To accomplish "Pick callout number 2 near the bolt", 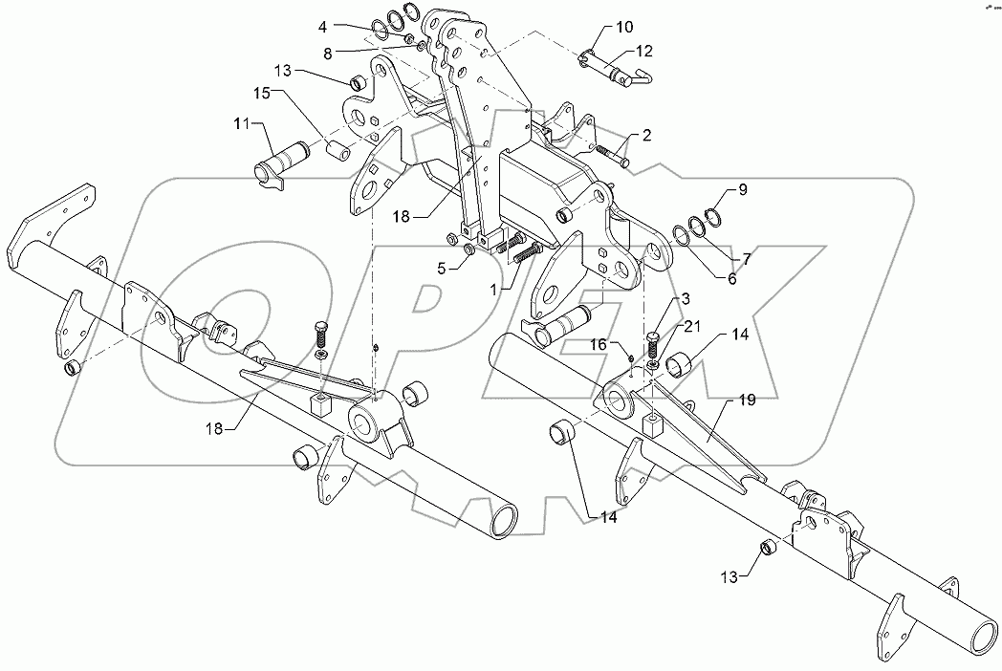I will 647,137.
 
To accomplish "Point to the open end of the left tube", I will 502,521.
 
